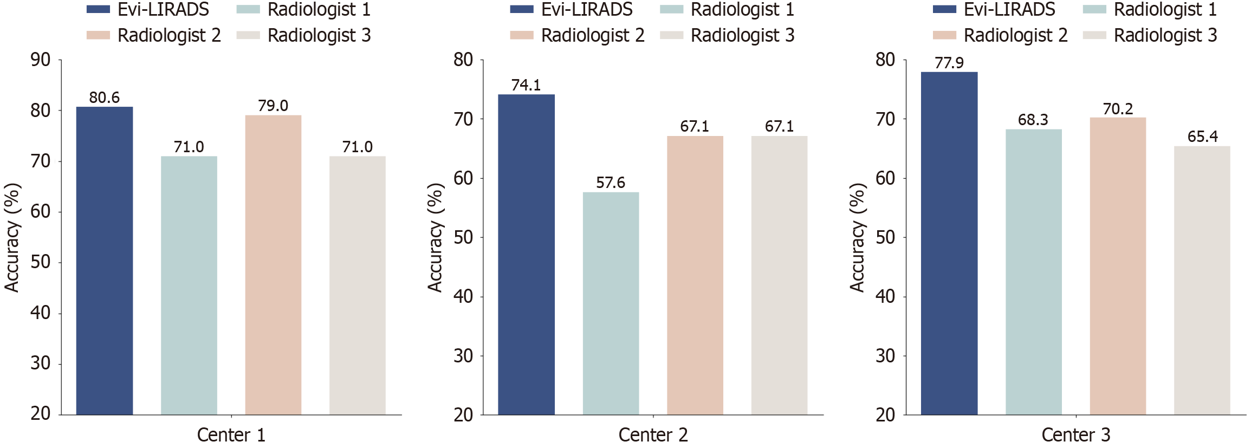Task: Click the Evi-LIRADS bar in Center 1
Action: point(105,261)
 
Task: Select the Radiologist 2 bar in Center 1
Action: point(273,265)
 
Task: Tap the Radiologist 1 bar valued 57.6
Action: point(611,303)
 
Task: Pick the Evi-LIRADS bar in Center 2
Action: point(526,255)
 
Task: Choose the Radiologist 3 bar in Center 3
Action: point(1202,281)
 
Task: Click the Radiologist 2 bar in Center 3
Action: point(1118,266)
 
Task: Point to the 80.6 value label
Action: point(105,98)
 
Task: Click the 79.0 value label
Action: point(273,106)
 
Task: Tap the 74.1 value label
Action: point(526,85)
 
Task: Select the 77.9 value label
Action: point(949,63)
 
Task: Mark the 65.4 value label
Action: point(1202,137)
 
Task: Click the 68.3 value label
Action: point(1033,120)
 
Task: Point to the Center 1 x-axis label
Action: point(231,435)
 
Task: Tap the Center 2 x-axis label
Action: point(653,435)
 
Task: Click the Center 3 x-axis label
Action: point(1075,435)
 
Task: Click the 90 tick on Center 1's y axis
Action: point(41,60)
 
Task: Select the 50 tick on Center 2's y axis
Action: point(463,237)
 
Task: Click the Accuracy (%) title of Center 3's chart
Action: point(857,237)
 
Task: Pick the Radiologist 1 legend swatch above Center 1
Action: point(248,10)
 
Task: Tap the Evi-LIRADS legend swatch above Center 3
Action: point(944,10)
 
